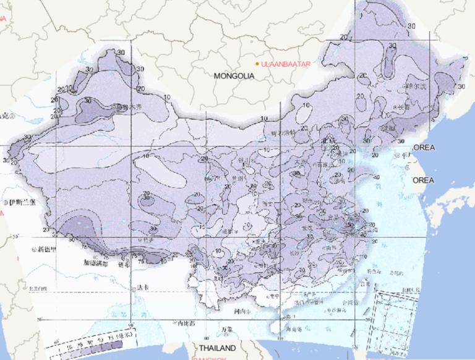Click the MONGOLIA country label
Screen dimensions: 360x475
(234, 76)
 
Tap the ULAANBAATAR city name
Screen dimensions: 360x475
(285, 64)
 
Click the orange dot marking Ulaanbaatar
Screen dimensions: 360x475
(257, 64)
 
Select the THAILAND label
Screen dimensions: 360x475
(217, 348)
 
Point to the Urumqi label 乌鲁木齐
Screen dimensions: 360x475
(127, 107)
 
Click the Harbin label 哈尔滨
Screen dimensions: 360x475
(416, 87)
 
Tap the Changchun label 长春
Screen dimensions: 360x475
(404, 106)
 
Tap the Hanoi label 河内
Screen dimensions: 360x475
(235, 311)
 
